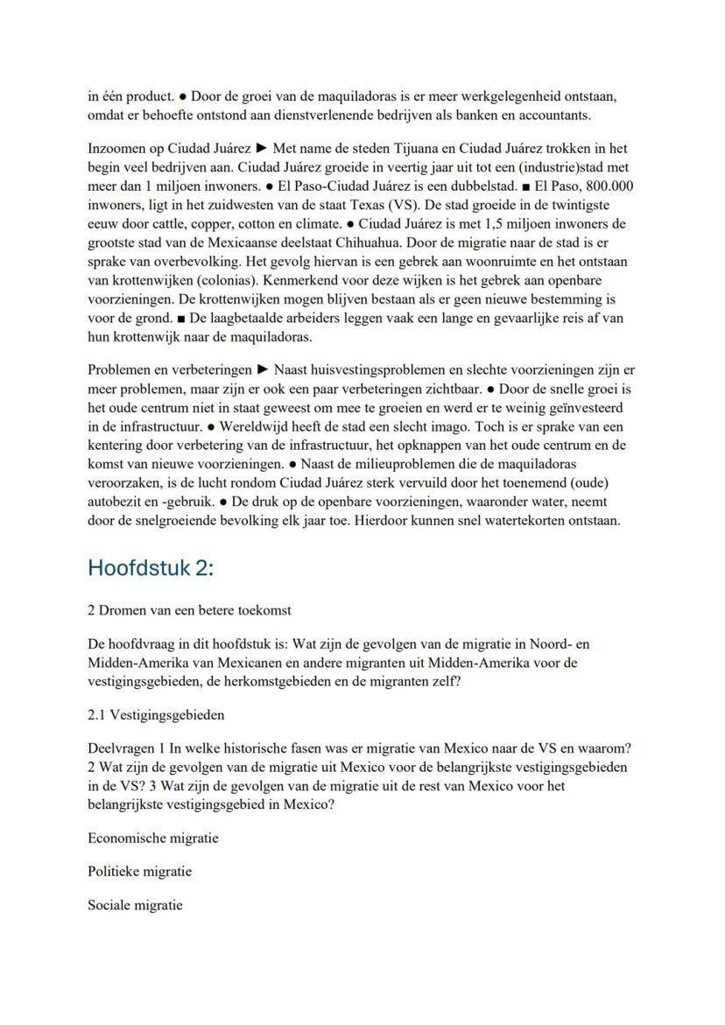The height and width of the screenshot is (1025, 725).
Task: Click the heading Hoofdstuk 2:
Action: click(151, 567)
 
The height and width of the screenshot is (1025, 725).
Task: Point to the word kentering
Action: click(117, 446)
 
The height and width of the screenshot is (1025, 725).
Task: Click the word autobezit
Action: click(115, 502)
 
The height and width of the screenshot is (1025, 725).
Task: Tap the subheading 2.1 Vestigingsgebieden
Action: click(156, 715)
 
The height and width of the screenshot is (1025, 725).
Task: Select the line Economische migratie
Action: click(153, 839)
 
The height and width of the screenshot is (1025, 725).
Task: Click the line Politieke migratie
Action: click(140, 872)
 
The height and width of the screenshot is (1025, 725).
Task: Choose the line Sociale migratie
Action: click(135, 905)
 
